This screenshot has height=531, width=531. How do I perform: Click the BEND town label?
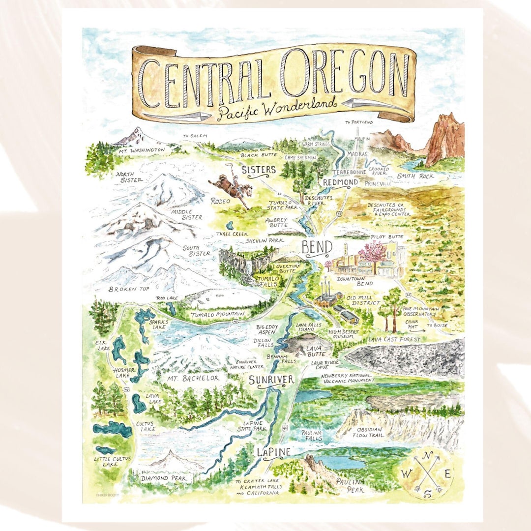point(317,247)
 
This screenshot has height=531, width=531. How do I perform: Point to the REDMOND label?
point(340,182)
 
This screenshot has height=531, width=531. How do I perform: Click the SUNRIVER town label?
point(271,380)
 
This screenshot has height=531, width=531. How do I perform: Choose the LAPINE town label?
point(273,452)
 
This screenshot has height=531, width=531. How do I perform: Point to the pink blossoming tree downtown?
point(372,253)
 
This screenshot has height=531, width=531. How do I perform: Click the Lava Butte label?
point(314,350)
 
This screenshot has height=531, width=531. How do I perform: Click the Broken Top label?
point(129,289)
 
